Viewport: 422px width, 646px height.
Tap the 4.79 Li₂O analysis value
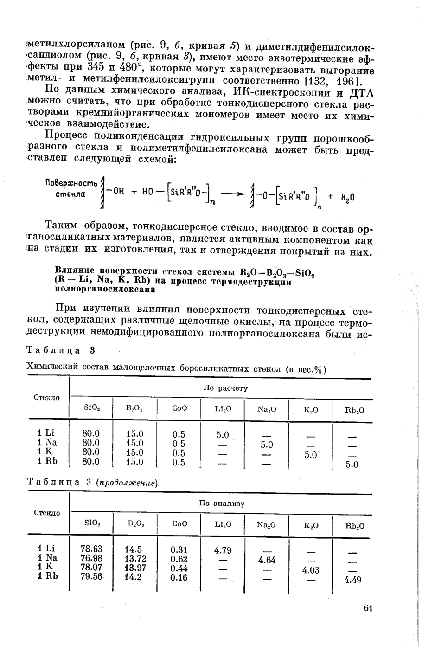223,550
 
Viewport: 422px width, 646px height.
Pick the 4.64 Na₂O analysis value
267,560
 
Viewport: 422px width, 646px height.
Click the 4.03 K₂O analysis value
311,570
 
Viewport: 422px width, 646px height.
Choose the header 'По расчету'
225,388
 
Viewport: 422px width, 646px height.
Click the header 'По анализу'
222,504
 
